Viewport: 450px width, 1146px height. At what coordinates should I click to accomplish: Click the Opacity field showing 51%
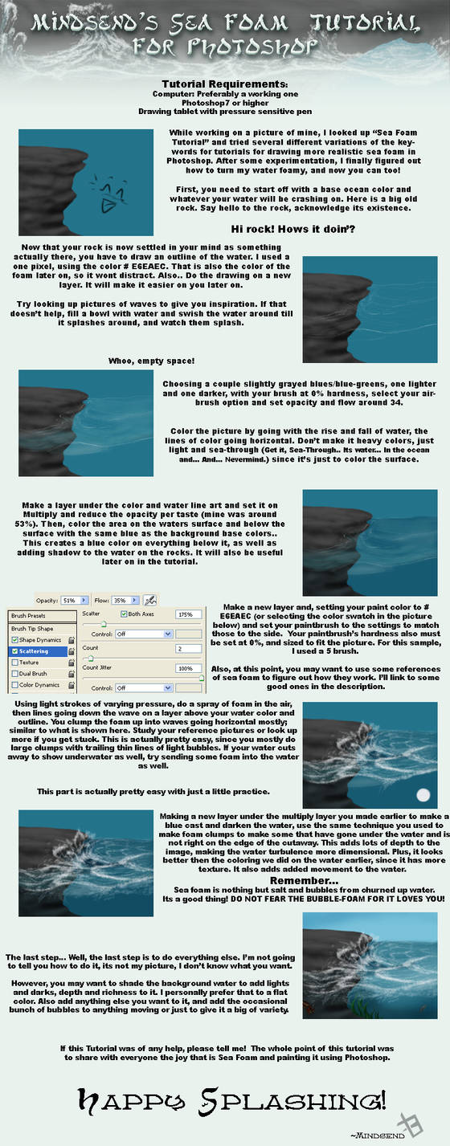point(68,599)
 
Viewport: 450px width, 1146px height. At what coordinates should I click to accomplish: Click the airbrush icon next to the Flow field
point(149,599)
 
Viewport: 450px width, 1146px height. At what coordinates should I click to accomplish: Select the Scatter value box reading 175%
point(189,614)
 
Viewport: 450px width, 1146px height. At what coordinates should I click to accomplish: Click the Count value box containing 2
point(189,648)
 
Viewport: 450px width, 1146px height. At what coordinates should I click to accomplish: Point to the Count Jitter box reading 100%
point(189,667)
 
